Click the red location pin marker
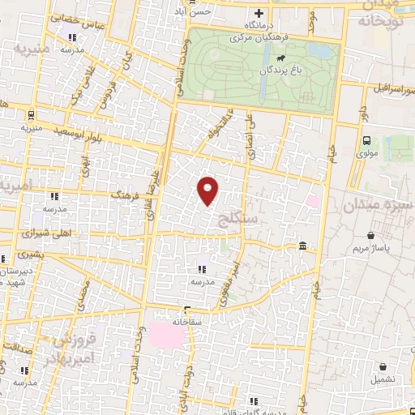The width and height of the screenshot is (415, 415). pos(208,190)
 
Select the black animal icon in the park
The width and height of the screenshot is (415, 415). pos(280,58)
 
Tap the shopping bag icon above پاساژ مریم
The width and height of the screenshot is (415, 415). pos(371,236)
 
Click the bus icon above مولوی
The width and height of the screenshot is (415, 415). pos(366,140)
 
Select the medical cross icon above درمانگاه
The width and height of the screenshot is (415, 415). pos(259,13)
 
